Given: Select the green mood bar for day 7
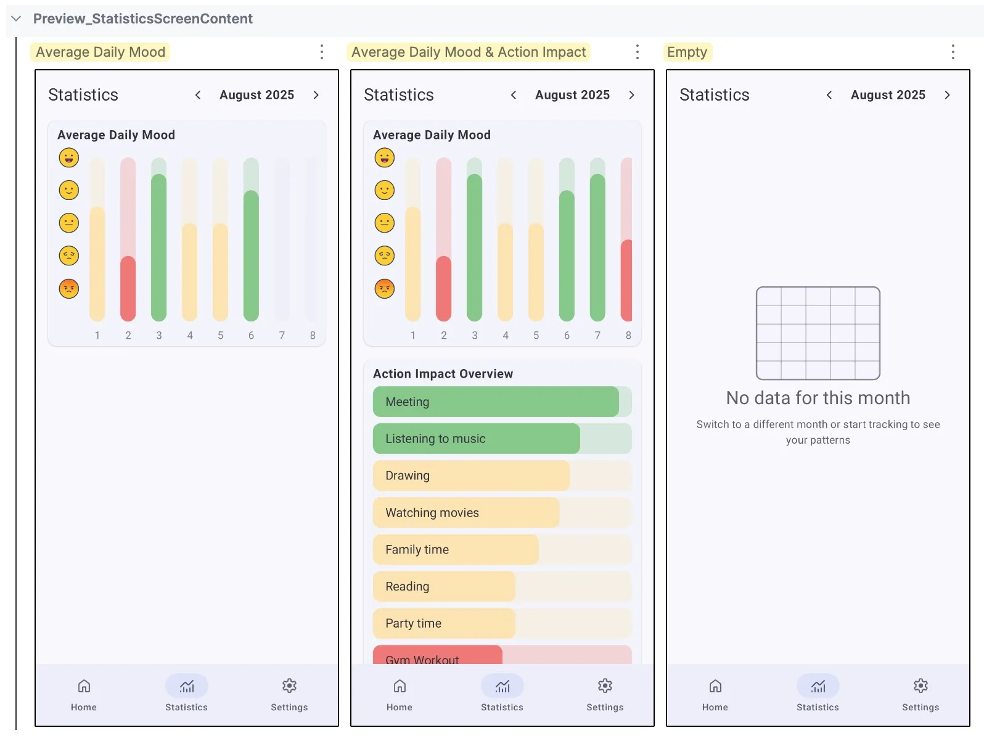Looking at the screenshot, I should (597, 247).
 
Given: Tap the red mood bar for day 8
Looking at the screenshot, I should (627, 281).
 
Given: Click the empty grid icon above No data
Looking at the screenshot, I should (818, 333).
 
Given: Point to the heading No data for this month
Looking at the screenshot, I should (818, 398).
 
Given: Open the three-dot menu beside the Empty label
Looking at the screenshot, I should (953, 52).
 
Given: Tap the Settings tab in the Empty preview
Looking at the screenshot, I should (920, 694).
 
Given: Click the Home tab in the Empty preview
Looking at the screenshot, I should (715, 694).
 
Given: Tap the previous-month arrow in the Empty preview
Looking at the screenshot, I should (829, 95).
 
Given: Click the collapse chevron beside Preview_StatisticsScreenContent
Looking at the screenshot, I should (17, 19).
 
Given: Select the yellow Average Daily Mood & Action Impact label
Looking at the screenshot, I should (469, 52).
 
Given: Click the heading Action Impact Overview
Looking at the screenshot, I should (443, 374).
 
